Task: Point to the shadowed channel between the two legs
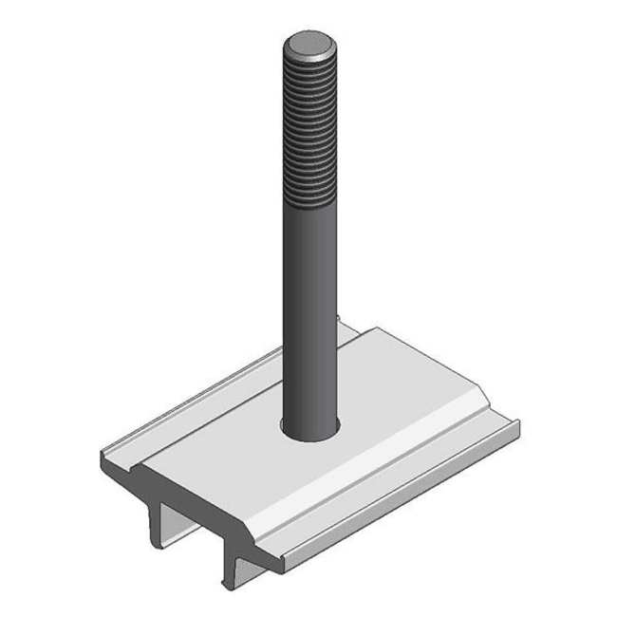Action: pos(195,536)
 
